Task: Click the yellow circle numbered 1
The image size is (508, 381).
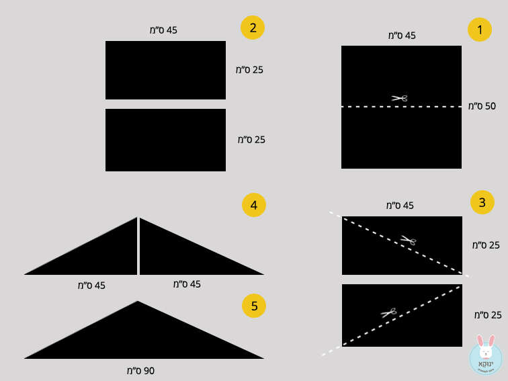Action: pyautogui.click(x=480, y=30)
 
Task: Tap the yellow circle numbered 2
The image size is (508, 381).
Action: pyautogui.click(x=253, y=28)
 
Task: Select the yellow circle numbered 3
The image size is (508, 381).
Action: pyautogui.click(x=482, y=202)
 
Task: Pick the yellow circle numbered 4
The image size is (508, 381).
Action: pyautogui.click(x=254, y=205)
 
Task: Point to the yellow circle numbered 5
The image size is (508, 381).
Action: pyautogui.click(x=254, y=306)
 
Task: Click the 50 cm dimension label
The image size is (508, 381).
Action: pyautogui.click(x=482, y=106)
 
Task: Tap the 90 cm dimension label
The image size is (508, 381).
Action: pyautogui.click(x=140, y=371)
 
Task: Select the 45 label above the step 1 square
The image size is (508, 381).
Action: pyautogui.click(x=402, y=36)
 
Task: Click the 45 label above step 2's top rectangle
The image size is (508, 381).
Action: pyautogui.click(x=163, y=30)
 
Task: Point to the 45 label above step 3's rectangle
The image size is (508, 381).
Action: pyautogui.click(x=400, y=206)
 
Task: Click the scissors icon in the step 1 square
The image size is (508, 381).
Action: pyautogui.click(x=399, y=98)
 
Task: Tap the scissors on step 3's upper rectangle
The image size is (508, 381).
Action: pyautogui.click(x=409, y=240)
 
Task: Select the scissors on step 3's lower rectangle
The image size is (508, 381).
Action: pyautogui.click(x=388, y=312)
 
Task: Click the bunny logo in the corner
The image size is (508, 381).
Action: pyautogui.click(x=486, y=355)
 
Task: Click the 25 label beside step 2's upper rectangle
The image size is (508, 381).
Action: pyautogui.click(x=249, y=70)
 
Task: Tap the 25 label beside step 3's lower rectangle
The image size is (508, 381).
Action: pyautogui.click(x=488, y=315)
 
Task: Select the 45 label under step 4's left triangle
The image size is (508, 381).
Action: pyautogui.click(x=91, y=286)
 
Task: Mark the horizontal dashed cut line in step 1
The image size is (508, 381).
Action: pyautogui.click(x=401, y=106)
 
